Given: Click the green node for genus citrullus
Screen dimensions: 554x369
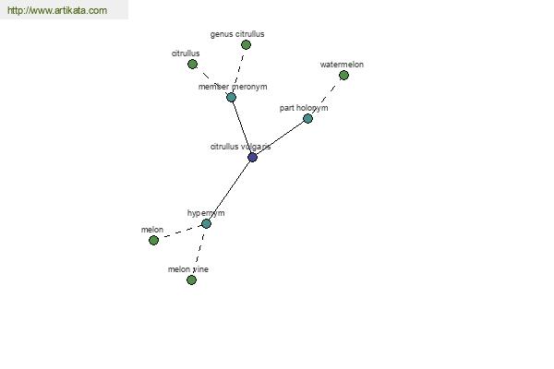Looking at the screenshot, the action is [246, 45].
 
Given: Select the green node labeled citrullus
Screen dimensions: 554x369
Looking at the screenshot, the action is [192, 65].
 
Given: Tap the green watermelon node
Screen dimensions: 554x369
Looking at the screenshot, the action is [343, 76].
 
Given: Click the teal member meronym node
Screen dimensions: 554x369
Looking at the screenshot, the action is [231, 97].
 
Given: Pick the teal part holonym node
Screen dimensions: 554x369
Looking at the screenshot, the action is [307, 119].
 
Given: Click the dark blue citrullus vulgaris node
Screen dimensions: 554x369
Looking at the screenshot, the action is [252, 157].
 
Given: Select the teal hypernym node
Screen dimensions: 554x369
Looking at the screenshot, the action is [206, 223].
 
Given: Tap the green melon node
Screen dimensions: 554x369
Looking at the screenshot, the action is [153, 241].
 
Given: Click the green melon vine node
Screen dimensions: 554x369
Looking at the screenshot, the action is [191, 280].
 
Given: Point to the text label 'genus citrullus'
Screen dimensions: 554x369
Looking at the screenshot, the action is [237, 34].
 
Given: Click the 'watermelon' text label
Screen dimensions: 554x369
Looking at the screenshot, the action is [342, 65].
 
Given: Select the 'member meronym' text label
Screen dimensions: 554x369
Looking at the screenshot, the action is [233, 87].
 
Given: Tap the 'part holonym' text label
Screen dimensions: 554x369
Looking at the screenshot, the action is [304, 108].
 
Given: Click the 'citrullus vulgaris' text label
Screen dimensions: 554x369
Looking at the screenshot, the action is [241, 147].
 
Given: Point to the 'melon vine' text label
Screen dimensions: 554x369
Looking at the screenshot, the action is [188, 269].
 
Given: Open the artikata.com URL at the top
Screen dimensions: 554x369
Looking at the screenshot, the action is [57, 10].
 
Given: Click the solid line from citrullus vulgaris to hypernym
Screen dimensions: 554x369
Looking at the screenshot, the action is [229, 190].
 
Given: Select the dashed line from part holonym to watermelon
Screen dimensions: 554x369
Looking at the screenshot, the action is [326, 97].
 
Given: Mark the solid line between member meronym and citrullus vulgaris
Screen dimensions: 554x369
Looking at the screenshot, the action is [242, 127].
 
